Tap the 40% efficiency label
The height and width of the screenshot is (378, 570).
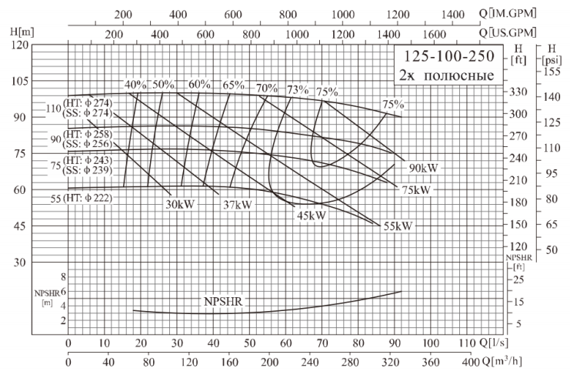point(135,85)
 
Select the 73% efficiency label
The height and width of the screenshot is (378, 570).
point(297,89)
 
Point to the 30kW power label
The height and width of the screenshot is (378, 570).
point(179,205)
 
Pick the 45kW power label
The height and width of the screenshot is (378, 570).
point(312,216)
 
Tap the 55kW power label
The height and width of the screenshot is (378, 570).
point(397,226)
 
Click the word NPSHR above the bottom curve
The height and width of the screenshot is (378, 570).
point(223,301)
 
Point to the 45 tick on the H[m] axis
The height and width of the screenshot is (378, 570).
point(18,226)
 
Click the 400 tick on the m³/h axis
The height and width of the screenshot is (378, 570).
point(468,361)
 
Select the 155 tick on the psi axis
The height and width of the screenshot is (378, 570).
point(551,71)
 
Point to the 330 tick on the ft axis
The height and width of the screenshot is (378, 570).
point(521,92)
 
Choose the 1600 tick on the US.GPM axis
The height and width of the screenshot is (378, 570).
point(435,33)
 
